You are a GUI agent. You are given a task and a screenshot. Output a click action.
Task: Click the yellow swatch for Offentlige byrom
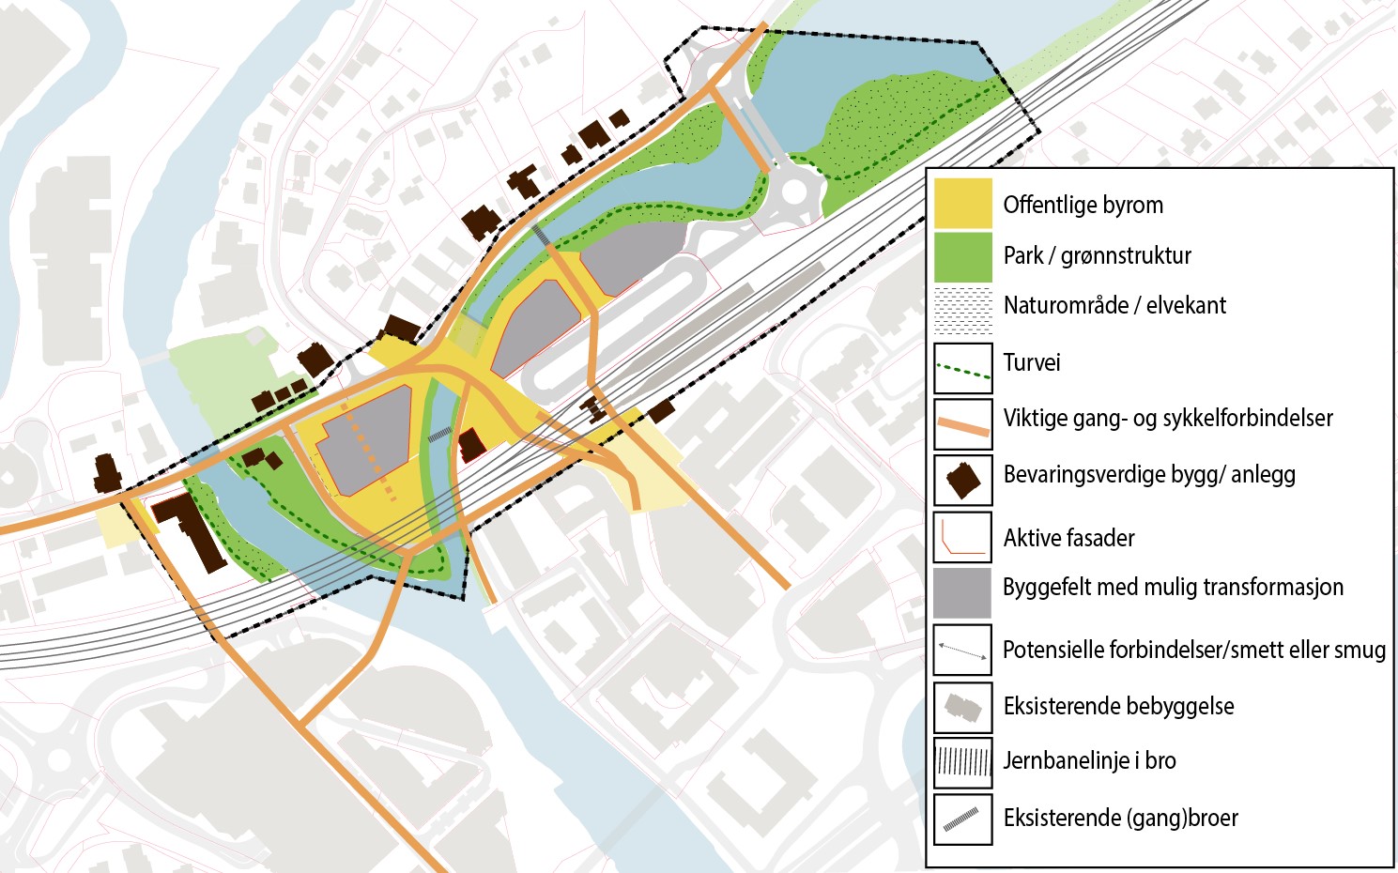pyautogui.click(x=962, y=203)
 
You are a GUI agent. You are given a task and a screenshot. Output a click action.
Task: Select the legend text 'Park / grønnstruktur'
pyautogui.click(x=1097, y=255)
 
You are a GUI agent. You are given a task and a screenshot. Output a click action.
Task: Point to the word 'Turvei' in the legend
pyautogui.click(x=1031, y=362)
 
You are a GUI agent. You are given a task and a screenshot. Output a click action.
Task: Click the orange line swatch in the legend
pyautogui.click(x=962, y=424)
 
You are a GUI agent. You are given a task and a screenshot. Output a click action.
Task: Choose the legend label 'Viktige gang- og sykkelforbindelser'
pyautogui.click(x=1167, y=418)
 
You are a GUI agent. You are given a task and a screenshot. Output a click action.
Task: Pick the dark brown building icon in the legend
pyautogui.click(x=963, y=480)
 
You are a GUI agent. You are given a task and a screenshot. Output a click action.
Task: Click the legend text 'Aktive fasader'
pyautogui.click(x=1068, y=538)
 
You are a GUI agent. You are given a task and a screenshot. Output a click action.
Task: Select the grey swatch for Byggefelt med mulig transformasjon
pyautogui.click(x=962, y=592)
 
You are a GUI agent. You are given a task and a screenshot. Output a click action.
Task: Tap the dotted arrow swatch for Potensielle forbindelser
pyautogui.click(x=962, y=650)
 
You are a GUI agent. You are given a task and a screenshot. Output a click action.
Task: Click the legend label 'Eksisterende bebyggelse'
pyautogui.click(x=1118, y=706)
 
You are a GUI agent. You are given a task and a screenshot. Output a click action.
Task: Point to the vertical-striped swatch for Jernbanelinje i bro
pyautogui.click(x=962, y=762)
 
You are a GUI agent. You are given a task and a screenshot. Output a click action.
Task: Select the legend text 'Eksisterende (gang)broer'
pyautogui.click(x=1120, y=818)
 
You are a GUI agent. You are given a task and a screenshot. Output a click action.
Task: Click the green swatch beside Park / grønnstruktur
pyautogui.click(x=962, y=257)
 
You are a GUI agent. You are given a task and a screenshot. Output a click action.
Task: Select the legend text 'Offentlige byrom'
pyautogui.click(x=1083, y=205)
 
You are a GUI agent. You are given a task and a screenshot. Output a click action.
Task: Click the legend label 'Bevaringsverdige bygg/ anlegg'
pyautogui.click(x=1148, y=474)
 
